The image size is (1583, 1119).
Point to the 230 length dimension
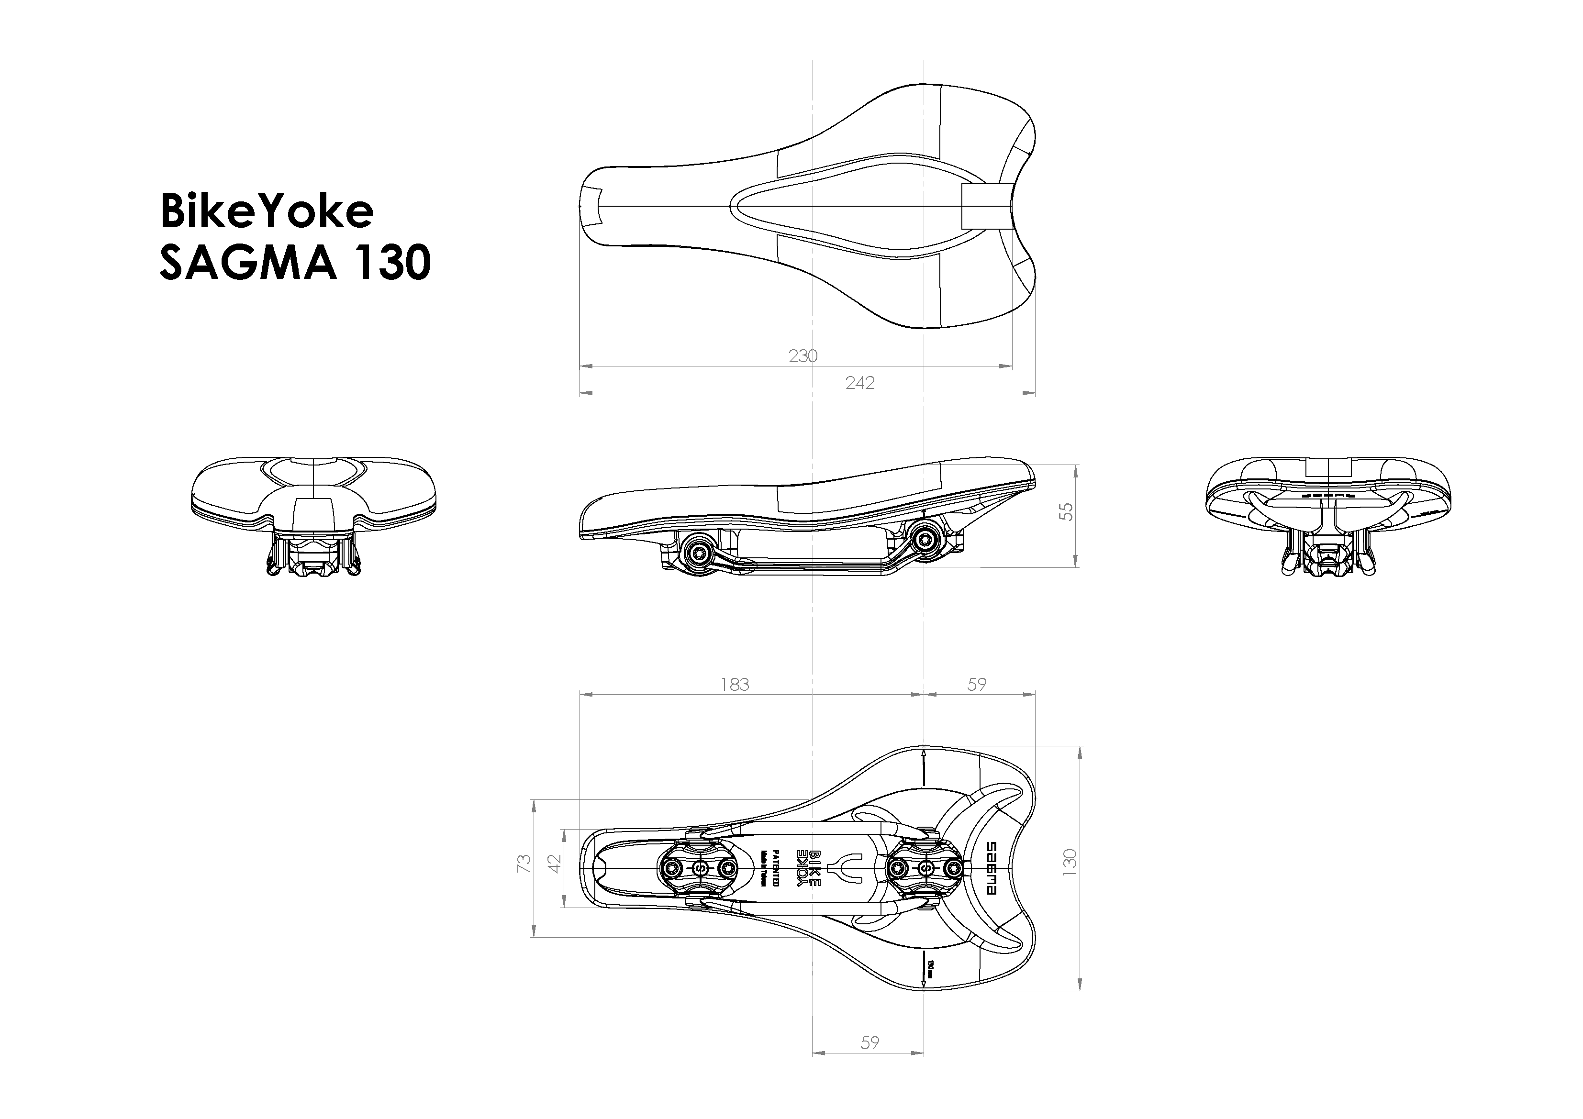tap(803, 356)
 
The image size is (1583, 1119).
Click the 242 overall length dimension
tap(860, 383)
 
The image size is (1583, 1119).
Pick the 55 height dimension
tap(1066, 511)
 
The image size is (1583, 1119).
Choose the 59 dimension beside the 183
tap(976, 684)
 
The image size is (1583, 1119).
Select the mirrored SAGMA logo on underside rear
tap(993, 867)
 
